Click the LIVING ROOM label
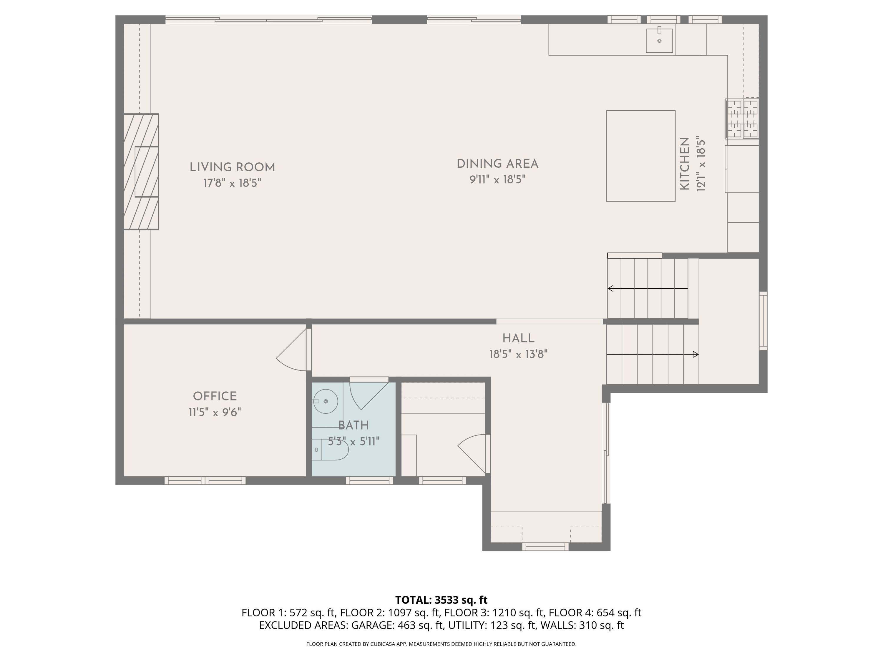coord(232,167)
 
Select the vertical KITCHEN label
coord(685,164)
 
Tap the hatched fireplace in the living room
coord(141,172)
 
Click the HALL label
coord(518,338)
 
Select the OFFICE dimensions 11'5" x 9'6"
coord(215,412)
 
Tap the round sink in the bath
coord(326,401)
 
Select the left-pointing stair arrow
coord(647,289)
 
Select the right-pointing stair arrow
coord(652,354)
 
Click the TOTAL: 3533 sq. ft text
coord(441,600)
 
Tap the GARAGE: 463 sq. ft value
coord(397,625)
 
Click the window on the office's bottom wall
coord(205,480)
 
